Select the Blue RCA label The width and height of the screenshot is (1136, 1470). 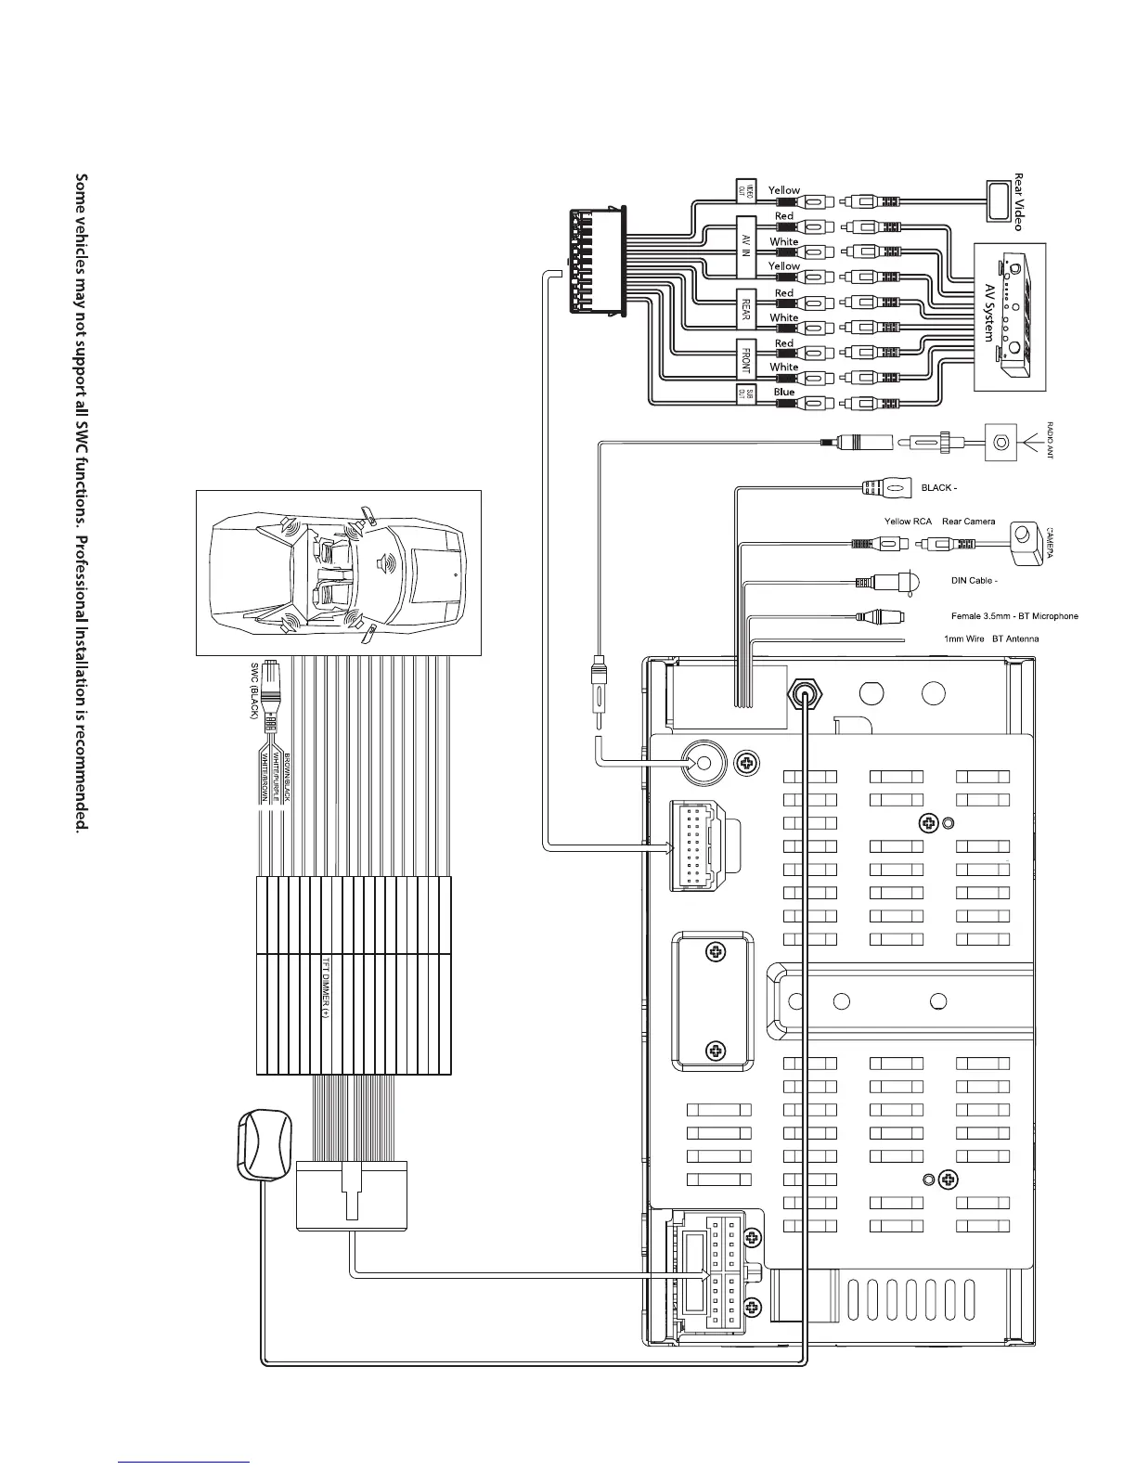[784, 392]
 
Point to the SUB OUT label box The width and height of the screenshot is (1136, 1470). [743, 393]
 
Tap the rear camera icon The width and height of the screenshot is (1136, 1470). [1025, 542]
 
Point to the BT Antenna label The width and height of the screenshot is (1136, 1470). [1015, 639]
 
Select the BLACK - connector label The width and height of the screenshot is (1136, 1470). [938, 486]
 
